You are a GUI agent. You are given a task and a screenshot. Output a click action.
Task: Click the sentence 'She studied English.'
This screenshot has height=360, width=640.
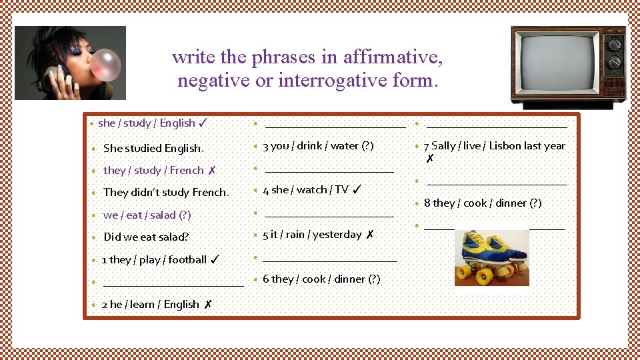[x=153, y=148]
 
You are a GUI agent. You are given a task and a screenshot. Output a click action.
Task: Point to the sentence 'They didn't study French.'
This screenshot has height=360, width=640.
[x=166, y=192]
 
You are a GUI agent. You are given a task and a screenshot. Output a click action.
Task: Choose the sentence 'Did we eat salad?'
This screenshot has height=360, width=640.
[x=146, y=237]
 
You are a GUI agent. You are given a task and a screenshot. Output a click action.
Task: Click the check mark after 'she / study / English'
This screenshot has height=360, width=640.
[x=204, y=123]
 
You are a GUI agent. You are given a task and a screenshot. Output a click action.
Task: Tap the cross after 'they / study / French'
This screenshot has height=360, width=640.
[x=211, y=170]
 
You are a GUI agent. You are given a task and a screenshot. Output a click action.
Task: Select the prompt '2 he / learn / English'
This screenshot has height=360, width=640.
[x=150, y=304]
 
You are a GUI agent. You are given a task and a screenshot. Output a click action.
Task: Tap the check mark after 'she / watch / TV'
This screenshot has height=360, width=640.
[x=357, y=189]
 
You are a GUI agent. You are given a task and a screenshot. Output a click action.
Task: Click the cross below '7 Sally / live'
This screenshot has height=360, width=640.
[x=430, y=159]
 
